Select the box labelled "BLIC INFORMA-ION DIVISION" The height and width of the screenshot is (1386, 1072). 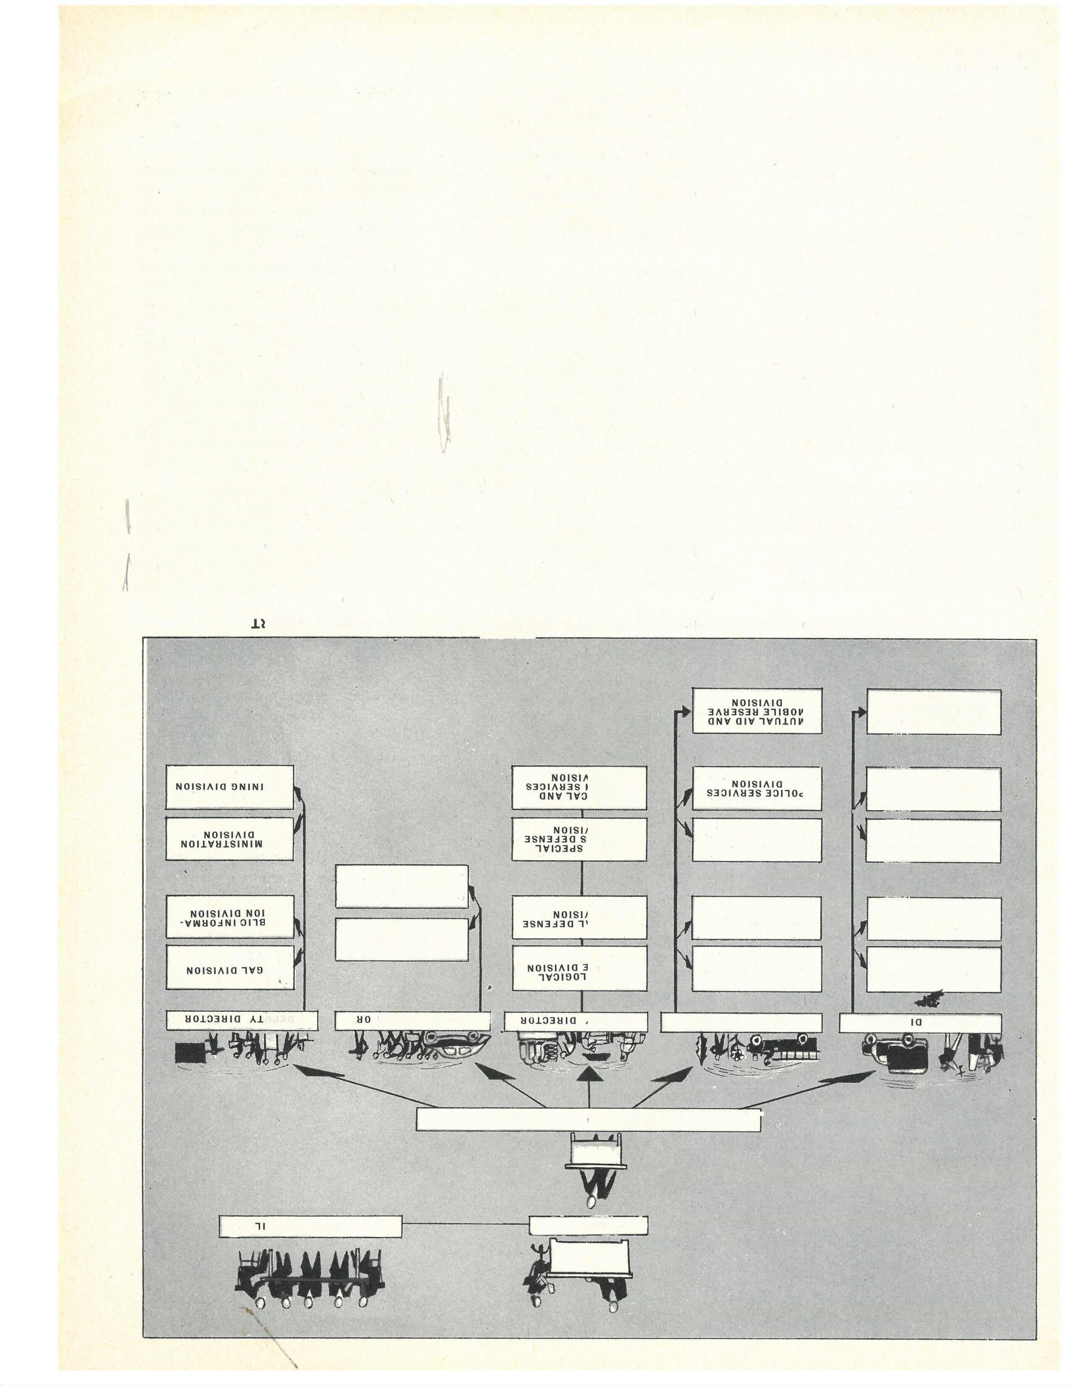tap(230, 916)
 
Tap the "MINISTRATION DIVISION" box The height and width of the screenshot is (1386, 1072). tap(230, 838)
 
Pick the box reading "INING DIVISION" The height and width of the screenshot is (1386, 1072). tap(230, 787)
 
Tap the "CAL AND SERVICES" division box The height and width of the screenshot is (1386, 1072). tap(579, 787)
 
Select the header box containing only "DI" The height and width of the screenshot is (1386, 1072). tap(920, 1022)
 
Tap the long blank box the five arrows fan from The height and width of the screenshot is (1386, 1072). tap(588, 1119)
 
